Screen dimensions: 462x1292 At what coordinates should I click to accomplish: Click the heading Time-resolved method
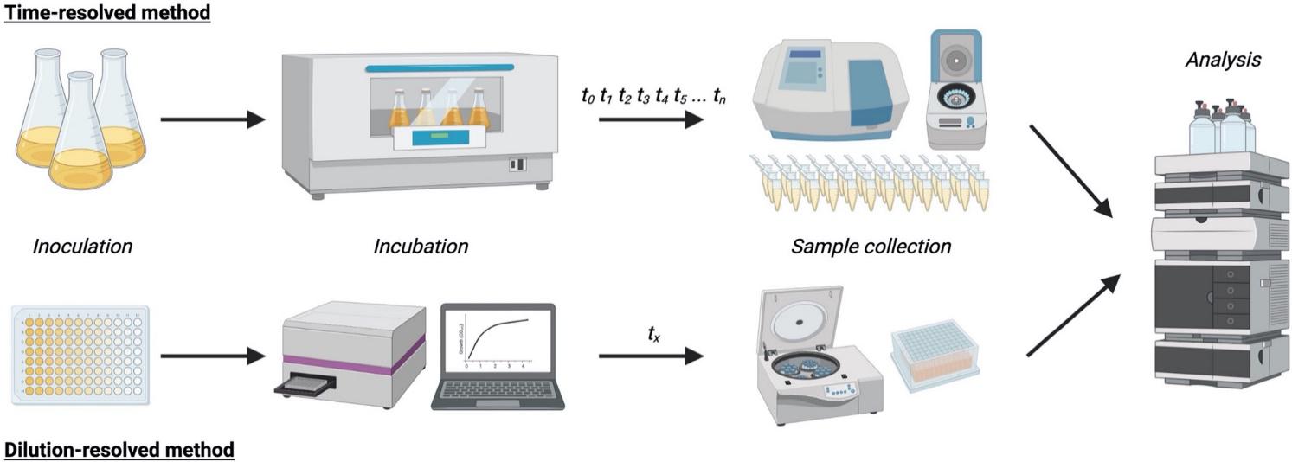108,13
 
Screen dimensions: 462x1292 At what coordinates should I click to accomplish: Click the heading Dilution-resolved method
119,450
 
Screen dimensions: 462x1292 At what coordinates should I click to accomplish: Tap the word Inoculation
83,247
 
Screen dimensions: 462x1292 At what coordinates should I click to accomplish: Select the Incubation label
421,247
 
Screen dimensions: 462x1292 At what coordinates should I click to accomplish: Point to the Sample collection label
871,247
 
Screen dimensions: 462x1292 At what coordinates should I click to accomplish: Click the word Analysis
1223,60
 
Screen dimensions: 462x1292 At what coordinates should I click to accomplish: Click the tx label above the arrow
654,331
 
